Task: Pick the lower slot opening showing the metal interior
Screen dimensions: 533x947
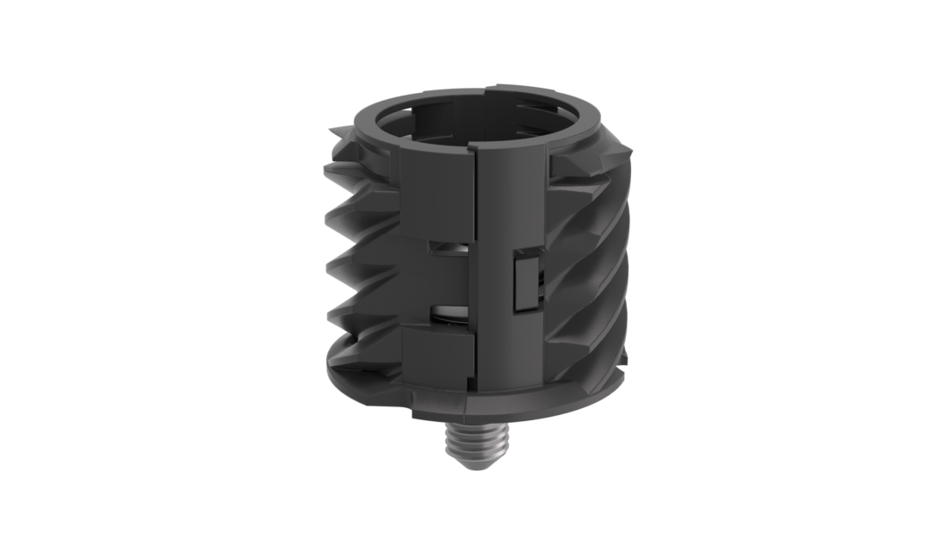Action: click(449, 315)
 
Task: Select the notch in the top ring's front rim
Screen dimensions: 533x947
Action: click(488, 88)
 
